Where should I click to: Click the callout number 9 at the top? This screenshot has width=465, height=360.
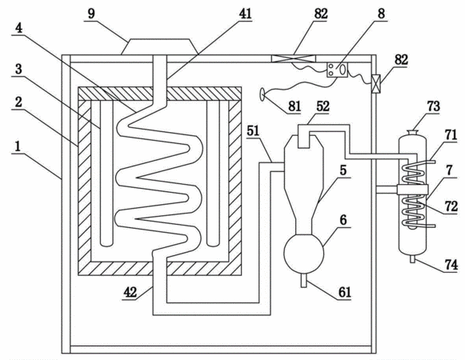click(91, 14)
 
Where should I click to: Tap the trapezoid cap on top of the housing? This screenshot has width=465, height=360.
click(159, 47)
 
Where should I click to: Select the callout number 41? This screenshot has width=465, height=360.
click(245, 14)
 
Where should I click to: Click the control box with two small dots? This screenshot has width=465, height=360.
click(337, 70)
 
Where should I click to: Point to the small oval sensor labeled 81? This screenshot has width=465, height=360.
click(263, 94)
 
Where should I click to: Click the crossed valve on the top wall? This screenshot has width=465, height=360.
click(294, 58)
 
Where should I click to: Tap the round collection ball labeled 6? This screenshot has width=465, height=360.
click(303, 254)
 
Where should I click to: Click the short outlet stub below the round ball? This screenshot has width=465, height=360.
click(303, 280)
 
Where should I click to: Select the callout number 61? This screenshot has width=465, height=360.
click(345, 292)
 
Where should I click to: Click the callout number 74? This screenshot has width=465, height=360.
click(451, 265)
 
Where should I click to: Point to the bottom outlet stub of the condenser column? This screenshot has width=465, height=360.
click(412, 259)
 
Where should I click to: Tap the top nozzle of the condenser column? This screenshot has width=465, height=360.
click(412, 133)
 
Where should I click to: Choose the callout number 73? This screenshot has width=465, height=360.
click(433, 106)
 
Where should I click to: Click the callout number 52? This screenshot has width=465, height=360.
click(323, 106)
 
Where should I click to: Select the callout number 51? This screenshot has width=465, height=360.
click(253, 130)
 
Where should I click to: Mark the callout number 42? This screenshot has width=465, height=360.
click(130, 292)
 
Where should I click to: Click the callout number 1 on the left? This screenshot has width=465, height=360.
click(18, 146)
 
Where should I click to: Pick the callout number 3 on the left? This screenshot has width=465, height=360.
click(18, 69)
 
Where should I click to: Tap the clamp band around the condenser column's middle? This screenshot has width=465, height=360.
click(413, 190)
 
